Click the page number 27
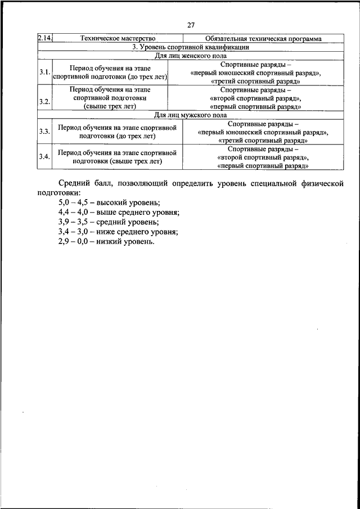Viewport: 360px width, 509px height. (191, 25)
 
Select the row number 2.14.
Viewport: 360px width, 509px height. (44, 39)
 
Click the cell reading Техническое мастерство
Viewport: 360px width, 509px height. (118, 39)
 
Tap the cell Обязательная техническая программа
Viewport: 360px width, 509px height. (264, 39)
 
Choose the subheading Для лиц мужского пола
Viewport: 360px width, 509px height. (191, 115)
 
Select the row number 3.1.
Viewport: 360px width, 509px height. (44, 73)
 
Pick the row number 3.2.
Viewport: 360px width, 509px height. (44, 101)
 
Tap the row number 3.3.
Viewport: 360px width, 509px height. (44, 132)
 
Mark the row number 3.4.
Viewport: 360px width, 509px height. (44, 156)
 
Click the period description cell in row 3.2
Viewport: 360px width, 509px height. (110, 97)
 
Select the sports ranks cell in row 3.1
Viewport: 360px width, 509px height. (256, 73)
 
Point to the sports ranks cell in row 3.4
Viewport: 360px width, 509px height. (263, 157)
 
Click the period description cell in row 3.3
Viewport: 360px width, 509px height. (117, 132)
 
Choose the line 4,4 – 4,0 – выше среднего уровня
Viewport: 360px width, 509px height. (119, 212)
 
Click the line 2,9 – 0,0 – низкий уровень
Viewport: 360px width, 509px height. (106, 241)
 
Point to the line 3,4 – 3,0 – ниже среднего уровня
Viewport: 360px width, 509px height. (118, 231)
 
